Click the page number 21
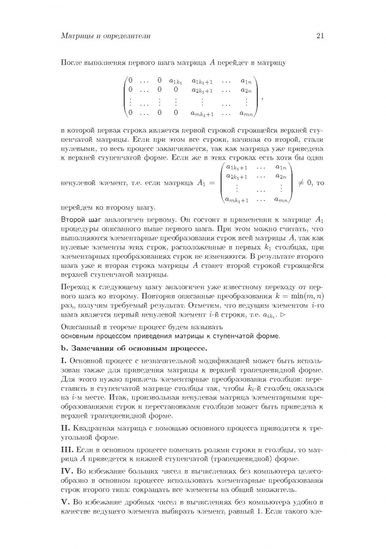coord(320,36)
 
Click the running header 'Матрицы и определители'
coord(105,36)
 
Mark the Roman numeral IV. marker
coord(66,475)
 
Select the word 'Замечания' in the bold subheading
coord(95,348)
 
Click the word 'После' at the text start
coord(70,63)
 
